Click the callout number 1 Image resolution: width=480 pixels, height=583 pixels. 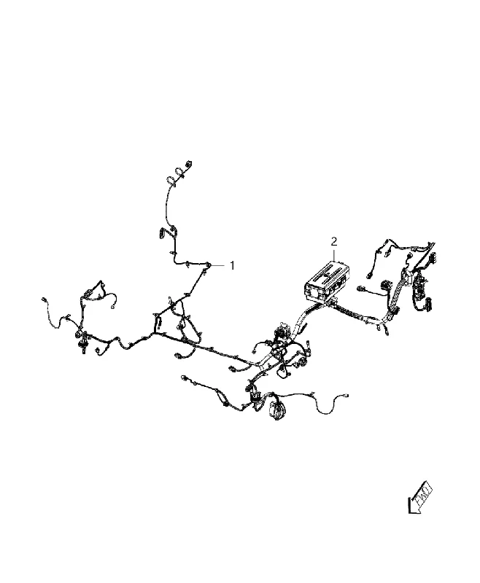coord(232,265)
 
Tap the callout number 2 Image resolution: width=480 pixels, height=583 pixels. coord(334,242)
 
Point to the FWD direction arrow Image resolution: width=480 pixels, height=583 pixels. coord(420,498)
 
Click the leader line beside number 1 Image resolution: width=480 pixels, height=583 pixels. coord(218,265)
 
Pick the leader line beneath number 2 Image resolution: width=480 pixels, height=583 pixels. coord(334,254)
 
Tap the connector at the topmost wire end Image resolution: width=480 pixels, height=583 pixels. coord(189,163)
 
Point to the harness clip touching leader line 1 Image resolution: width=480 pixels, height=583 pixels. coord(208,265)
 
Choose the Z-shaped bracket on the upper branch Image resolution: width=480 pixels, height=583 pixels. coord(160,232)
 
